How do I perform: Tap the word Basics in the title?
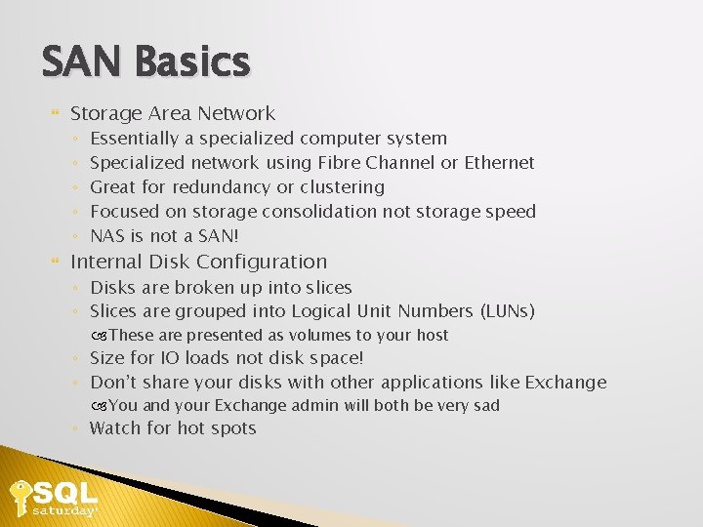pos(192,62)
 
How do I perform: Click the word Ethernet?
pos(500,163)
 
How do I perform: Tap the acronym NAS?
pos(107,236)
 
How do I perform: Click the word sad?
pos(484,405)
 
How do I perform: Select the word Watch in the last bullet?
pos(116,428)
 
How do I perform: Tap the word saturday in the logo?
pos(64,510)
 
